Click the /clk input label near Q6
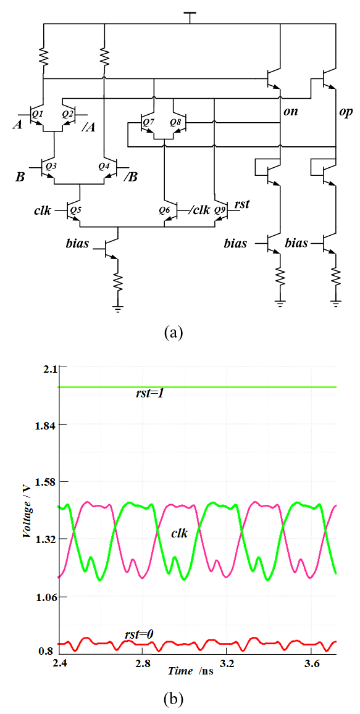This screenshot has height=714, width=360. [199, 210]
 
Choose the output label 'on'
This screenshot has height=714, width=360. [290, 112]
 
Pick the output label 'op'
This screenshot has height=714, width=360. [345, 113]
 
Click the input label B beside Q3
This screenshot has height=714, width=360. [20, 175]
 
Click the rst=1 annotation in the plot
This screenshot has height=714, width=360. [147, 393]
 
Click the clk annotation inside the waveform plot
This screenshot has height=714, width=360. [180, 533]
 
